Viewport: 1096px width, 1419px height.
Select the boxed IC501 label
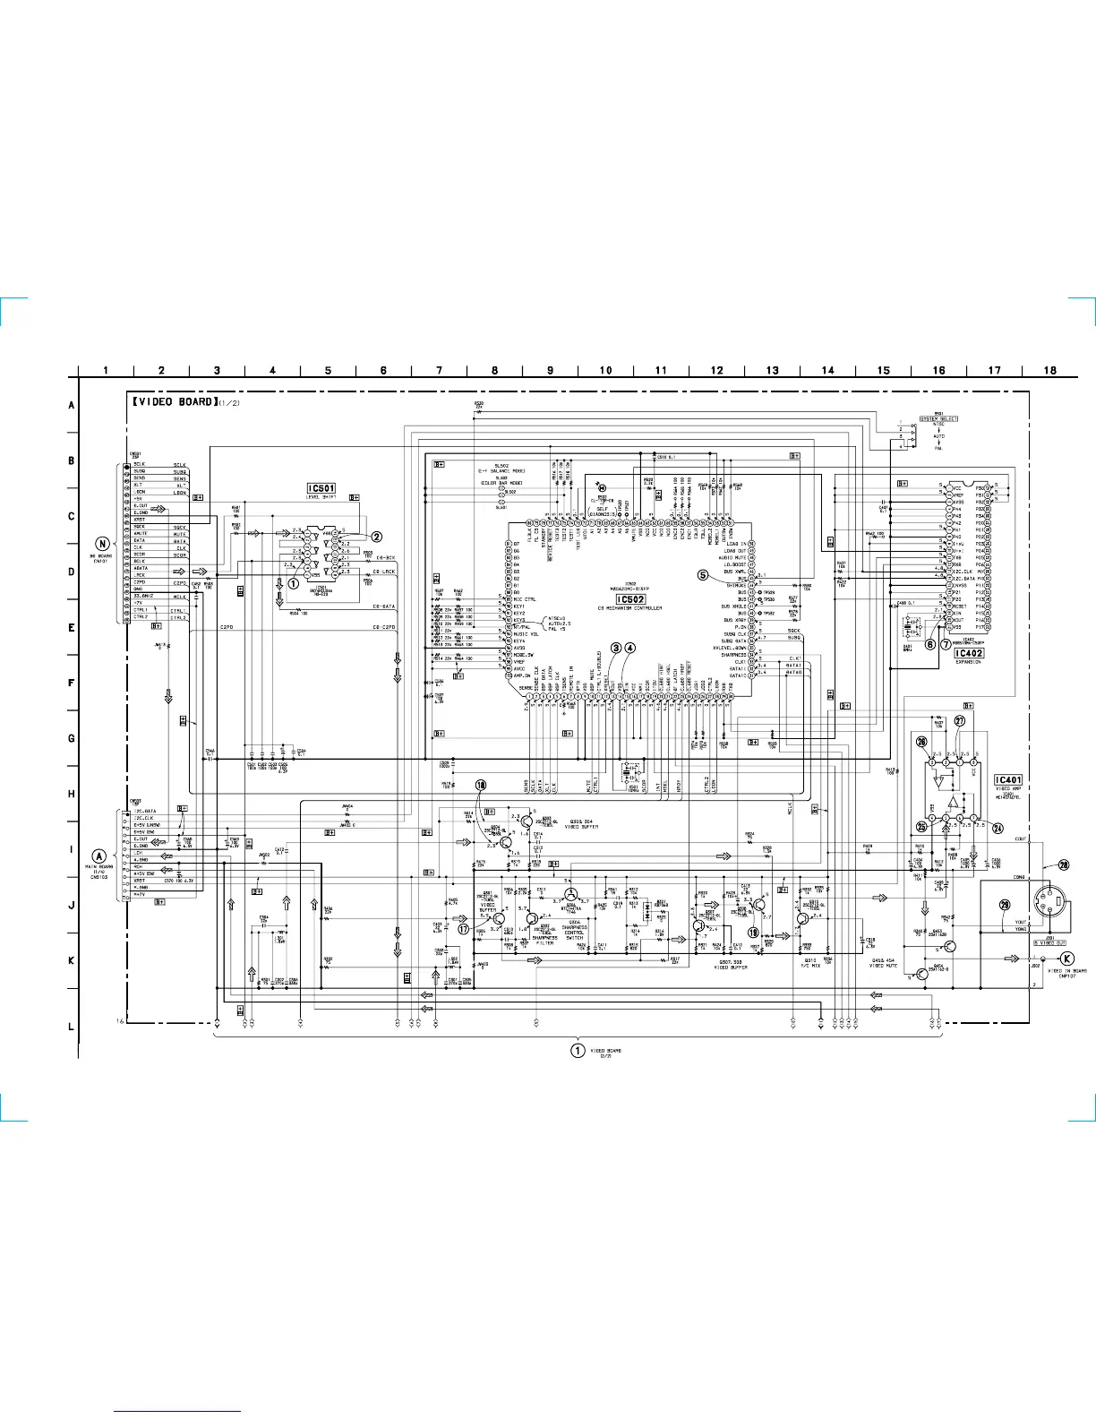pyautogui.click(x=321, y=488)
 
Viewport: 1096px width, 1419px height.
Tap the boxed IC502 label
pyautogui.click(x=630, y=599)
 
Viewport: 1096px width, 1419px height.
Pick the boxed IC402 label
pyautogui.click(x=969, y=653)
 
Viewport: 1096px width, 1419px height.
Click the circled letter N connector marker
pyautogui.click(x=103, y=545)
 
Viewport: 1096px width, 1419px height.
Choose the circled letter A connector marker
pyautogui.click(x=100, y=856)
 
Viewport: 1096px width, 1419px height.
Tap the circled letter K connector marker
pyautogui.click(x=1066, y=958)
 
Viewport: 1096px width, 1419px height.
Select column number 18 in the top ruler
pyautogui.click(x=1049, y=370)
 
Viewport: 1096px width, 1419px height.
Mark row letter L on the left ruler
pyautogui.click(x=72, y=1027)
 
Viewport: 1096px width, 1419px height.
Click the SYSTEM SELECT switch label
pyautogui.click(x=938, y=418)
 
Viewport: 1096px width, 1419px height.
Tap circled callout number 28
pyautogui.click(x=1063, y=864)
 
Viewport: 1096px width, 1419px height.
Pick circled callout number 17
pyautogui.click(x=463, y=929)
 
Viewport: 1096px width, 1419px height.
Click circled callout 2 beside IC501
pyautogui.click(x=377, y=537)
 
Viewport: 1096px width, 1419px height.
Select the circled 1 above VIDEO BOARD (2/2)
pyautogui.click(x=578, y=1050)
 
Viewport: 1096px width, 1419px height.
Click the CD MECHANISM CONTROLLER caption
pyautogui.click(x=630, y=608)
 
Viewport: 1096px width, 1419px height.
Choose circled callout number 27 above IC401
pyautogui.click(x=959, y=720)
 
